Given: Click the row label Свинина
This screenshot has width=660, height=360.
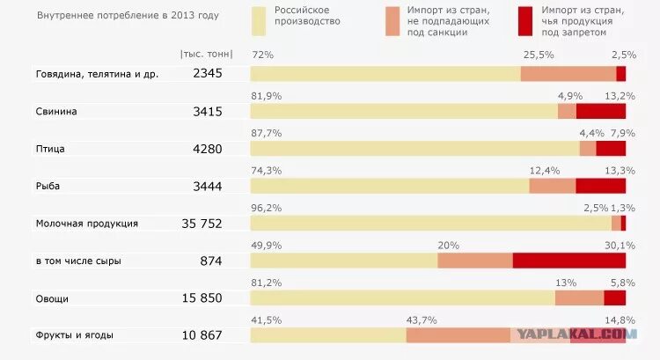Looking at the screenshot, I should pyautogui.click(x=56, y=112).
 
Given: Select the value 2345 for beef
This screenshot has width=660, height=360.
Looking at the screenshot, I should pyautogui.click(x=208, y=74).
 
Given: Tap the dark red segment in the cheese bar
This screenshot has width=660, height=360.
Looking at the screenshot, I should pyautogui.click(x=568, y=261).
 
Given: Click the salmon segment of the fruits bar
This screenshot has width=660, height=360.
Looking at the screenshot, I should pyautogui.click(x=458, y=335).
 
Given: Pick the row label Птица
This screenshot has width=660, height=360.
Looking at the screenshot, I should pyautogui.click(x=50, y=149).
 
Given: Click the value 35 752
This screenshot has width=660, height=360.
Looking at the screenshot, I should pyautogui.click(x=202, y=224).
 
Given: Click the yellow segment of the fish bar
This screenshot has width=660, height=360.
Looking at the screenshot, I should pyautogui.click(x=390, y=186).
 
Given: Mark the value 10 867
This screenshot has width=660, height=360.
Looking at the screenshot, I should pyautogui.click(x=202, y=335).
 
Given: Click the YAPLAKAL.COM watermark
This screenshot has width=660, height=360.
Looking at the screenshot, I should pyautogui.click(x=577, y=334).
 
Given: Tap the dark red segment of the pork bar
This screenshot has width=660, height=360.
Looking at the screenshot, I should pyautogui.click(x=600, y=111).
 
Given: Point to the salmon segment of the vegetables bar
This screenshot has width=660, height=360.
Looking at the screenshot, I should pyautogui.click(x=579, y=298).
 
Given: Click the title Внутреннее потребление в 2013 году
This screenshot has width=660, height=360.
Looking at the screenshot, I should pyautogui.click(x=128, y=16).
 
